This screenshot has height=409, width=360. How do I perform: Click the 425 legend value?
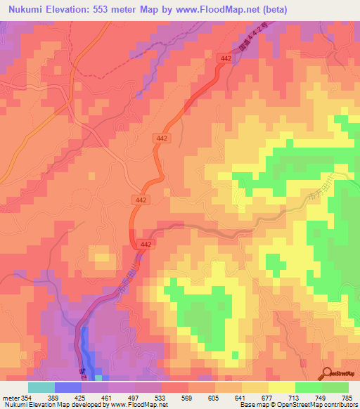click(80, 398)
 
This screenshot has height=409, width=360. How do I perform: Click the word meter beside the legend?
click(9, 398)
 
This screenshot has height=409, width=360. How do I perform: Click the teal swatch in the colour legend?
click(41, 387)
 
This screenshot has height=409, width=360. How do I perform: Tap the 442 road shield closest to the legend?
click(146, 243)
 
